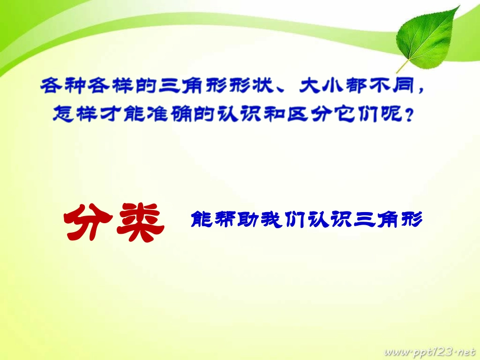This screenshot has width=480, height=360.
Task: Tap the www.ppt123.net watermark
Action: (430, 351)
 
